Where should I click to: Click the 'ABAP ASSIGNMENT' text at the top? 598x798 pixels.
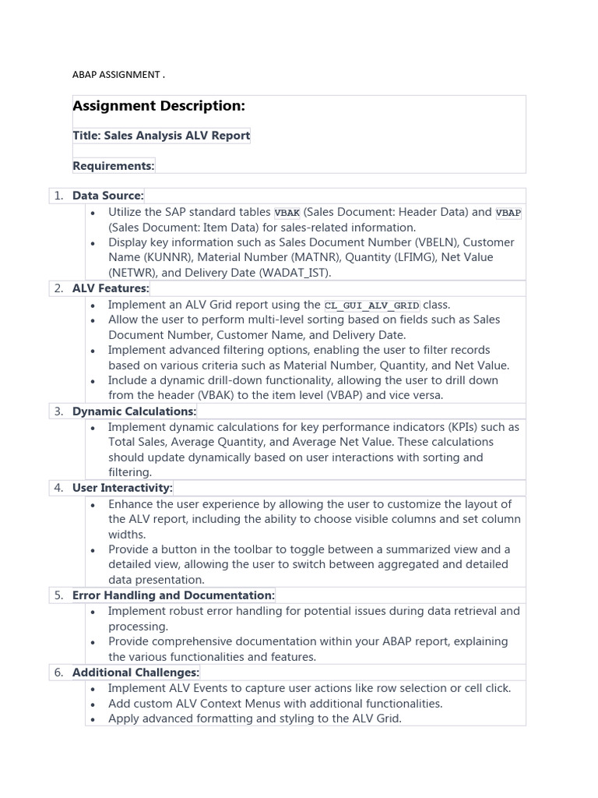pyautogui.click(x=118, y=75)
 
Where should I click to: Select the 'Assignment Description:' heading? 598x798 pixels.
pyautogui.click(x=159, y=106)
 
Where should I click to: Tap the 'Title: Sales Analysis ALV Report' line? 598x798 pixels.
pyautogui.click(x=161, y=136)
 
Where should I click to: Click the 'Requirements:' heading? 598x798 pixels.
pyautogui.click(x=114, y=165)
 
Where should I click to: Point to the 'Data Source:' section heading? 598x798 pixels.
pyautogui.click(x=108, y=196)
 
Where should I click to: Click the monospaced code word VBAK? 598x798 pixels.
pyautogui.click(x=287, y=213)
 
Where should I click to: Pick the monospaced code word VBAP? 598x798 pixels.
pyautogui.click(x=508, y=213)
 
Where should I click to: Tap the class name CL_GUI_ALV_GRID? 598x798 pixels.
pyautogui.click(x=371, y=305)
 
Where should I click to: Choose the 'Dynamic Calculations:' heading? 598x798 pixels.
pyautogui.click(x=135, y=411)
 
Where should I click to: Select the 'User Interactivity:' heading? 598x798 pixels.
pyautogui.click(x=122, y=488)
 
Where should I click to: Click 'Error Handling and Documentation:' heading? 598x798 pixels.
pyautogui.click(x=173, y=595)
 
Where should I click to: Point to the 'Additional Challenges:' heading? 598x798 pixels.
pyautogui.click(x=136, y=672)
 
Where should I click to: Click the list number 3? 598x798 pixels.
pyautogui.click(x=58, y=411)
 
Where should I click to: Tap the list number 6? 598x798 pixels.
pyautogui.click(x=58, y=672)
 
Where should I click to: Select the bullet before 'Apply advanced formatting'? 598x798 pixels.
pyautogui.click(x=93, y=719)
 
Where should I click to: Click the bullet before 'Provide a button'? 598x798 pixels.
pyautogui.click(x=93, y=550)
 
